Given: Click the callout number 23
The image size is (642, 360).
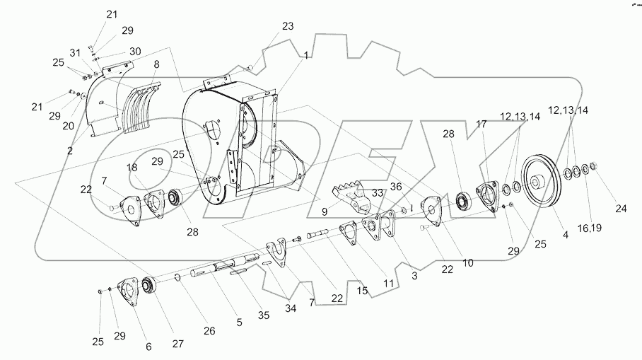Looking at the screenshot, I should coord(288,26).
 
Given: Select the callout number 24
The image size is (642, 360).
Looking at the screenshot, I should coord(620,208).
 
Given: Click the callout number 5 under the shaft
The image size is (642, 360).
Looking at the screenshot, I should coord(239,323).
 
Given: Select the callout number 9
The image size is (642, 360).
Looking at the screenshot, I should coord(325,211).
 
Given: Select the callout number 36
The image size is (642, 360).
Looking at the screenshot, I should coord(397,187).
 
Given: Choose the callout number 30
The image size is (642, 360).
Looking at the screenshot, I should coord(135,52).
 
